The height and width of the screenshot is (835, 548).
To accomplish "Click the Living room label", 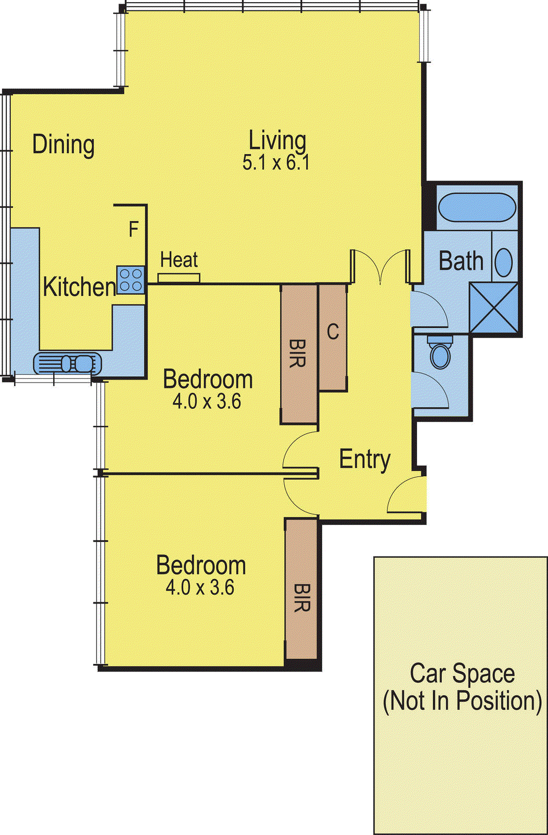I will [277, 141].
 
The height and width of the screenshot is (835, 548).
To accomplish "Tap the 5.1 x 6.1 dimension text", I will [276, 163].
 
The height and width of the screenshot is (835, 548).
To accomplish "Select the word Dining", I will [64, 145].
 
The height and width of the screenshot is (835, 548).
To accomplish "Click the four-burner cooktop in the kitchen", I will [130, 280].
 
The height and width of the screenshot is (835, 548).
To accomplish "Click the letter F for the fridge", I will [133, 229].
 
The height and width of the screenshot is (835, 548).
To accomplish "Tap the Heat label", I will [179, 259].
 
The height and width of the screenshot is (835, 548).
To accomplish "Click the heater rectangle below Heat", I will [179, 278].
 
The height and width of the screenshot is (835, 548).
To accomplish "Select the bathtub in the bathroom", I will [477, 208].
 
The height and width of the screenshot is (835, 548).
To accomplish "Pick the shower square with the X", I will [494, 307].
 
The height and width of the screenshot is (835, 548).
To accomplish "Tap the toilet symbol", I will [441, 353].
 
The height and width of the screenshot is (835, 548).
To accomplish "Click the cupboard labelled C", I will [333, 337].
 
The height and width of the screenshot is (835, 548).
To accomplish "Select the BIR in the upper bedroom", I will [298, 354].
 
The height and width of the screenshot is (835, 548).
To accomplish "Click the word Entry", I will [364, 459].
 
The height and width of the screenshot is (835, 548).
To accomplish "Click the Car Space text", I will [462, 673].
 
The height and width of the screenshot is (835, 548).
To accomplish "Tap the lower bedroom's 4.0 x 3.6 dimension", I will [200, 588].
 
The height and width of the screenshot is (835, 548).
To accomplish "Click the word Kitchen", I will [79, 287].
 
